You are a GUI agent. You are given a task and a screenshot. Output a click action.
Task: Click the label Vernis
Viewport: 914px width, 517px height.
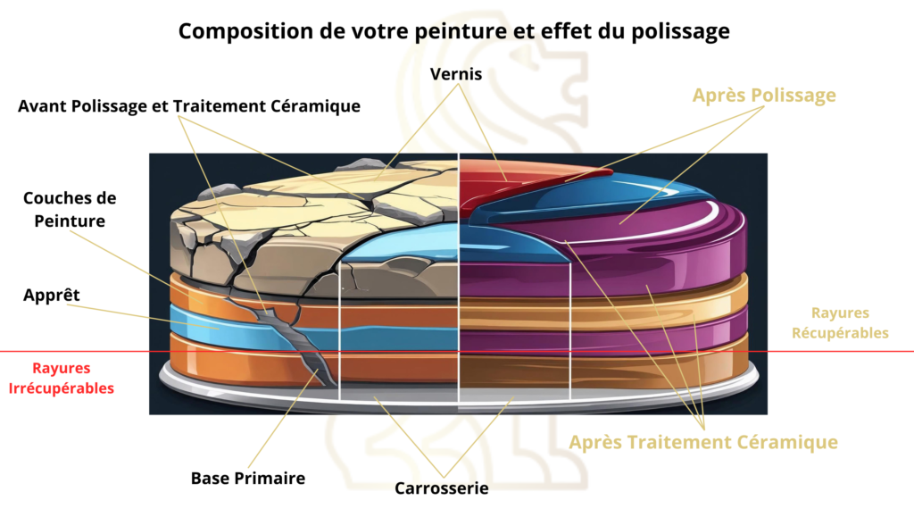(456, 74)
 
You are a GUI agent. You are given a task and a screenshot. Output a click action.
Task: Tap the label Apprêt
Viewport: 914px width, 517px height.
(51, 294)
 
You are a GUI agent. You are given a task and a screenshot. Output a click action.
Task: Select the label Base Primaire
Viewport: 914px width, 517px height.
(248, 478)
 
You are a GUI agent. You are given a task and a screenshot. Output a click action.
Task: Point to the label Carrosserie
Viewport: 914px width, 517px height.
(442, 488)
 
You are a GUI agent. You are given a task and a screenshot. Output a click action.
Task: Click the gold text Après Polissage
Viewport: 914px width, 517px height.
(765, 96)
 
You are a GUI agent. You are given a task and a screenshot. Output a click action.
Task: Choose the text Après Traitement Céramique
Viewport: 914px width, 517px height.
(703, 442)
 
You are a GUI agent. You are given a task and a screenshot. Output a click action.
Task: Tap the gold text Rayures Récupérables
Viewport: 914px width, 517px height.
(849, 322)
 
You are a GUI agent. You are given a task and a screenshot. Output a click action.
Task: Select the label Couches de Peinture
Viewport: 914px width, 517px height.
(70, 209)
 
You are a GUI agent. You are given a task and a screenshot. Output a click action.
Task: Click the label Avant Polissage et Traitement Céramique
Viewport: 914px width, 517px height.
(189, 106)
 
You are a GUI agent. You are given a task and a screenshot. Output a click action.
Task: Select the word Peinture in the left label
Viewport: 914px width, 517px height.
(70, 221)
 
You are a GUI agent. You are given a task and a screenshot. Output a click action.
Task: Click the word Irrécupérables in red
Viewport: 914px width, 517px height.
(73, 388)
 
